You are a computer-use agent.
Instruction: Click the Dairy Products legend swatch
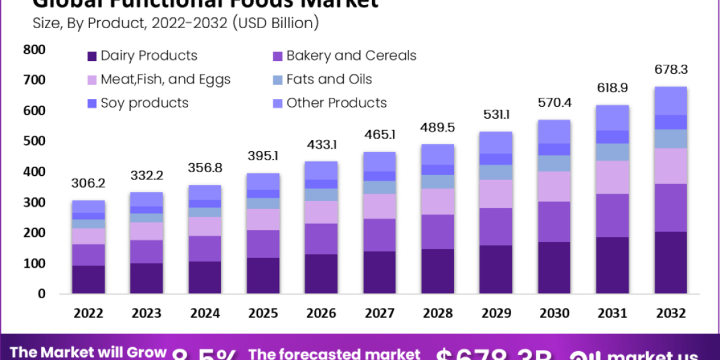tap(92, 56)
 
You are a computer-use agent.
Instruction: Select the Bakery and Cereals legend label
tap(351, 56)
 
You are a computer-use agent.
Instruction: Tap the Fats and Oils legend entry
tap(329, 79)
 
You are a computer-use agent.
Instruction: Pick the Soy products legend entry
tap(144, 103)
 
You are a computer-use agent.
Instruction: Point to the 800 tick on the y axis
tap(34, 50)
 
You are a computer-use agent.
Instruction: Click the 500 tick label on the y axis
tap(34, 142)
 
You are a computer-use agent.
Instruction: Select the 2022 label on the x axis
tap(88, 313)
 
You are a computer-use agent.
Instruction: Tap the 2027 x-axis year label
tap(379, 313)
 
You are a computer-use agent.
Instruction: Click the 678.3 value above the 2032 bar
tap(671, 70)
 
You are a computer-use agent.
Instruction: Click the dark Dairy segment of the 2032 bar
tap(671, 262)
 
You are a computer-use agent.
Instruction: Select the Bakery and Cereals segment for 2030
tap(554, 221)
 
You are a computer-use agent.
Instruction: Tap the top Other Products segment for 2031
tap(612, 118)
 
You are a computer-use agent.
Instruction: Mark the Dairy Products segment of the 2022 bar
tap(88, 279)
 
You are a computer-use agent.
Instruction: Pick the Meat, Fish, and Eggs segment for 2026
tap(321, 212)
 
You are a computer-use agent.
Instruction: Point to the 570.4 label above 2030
tap(554, 103)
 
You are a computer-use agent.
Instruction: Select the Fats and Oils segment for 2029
tap(496, 172)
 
